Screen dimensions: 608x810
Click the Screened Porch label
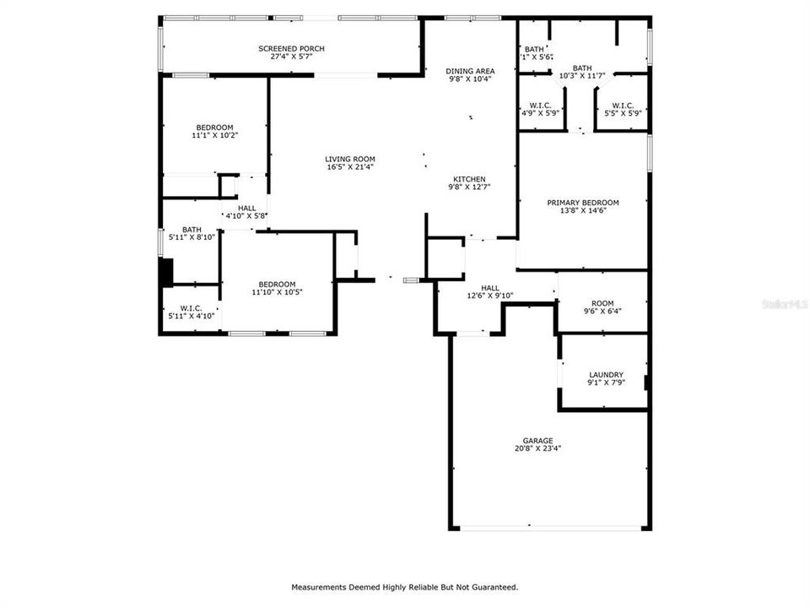tap(291, 49)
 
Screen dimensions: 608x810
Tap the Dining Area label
tap(470, 71)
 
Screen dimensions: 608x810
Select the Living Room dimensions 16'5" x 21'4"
tap(350, 167)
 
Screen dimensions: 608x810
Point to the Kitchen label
tap(469, 179)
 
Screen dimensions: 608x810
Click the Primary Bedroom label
tap(582, 203)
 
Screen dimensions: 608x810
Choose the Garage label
tap(537, 441)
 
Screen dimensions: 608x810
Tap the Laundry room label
tap(606, 375)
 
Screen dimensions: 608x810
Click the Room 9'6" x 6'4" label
tap(602, 303)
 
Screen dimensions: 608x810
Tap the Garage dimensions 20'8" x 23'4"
tap(537, 448)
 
